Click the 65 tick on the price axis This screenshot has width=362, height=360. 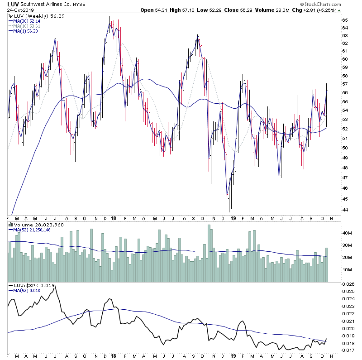(x=345, y=20)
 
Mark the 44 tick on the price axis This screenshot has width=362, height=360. (x=345, y=210)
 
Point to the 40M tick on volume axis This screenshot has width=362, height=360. (x=347, y=233)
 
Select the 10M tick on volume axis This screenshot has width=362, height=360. (x=347, y=269)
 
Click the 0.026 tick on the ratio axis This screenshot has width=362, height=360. (x=349, y=284)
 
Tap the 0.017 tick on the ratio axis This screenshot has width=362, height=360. (x=349, y=350)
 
